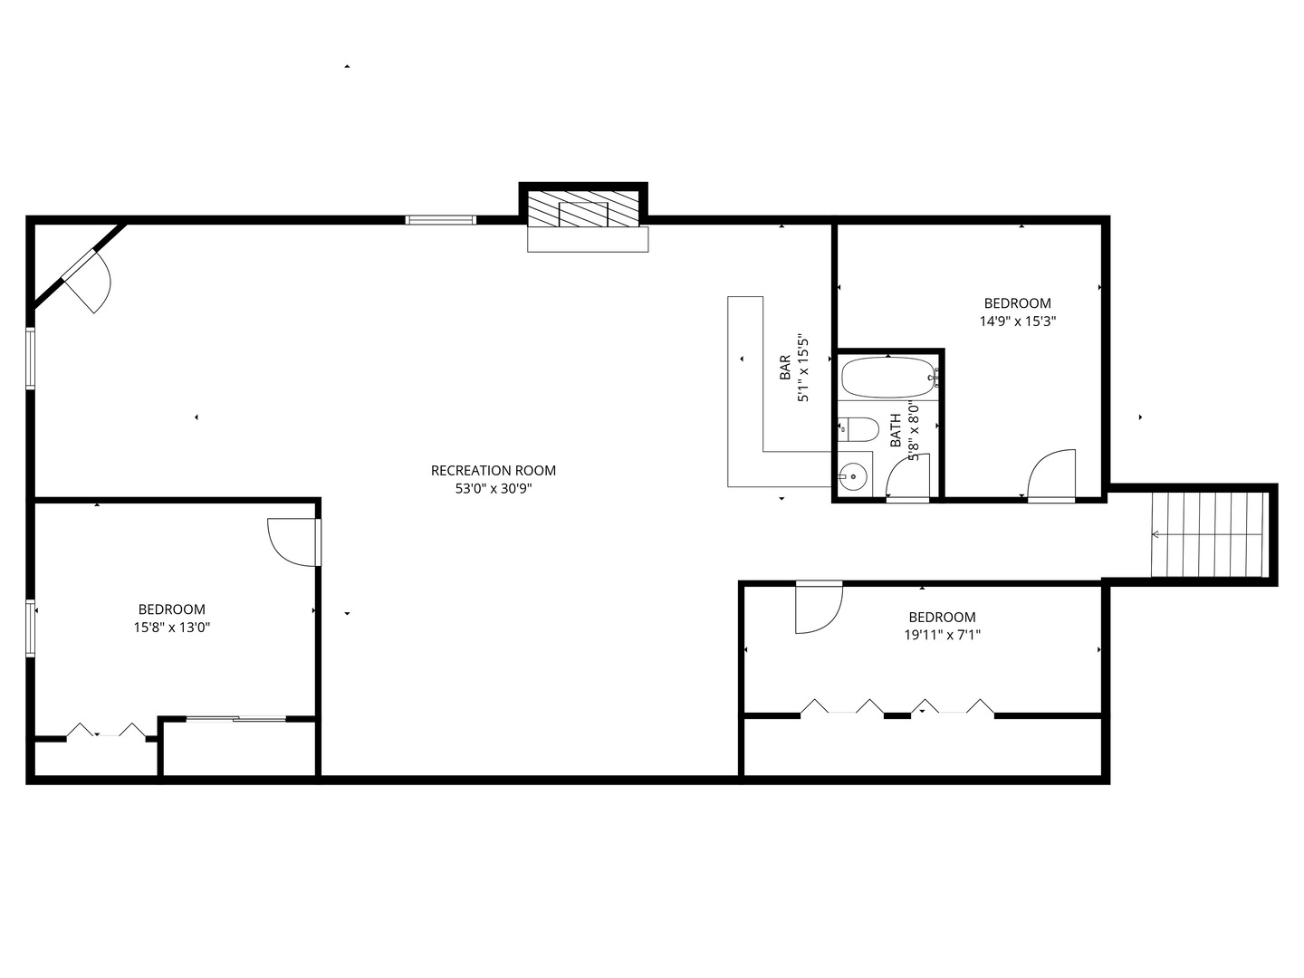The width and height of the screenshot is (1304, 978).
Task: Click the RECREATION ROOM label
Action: tap(494, 470)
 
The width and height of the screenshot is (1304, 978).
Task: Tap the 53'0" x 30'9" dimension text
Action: tap(494, 489)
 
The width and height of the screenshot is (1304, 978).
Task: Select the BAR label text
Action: tap(785, 367)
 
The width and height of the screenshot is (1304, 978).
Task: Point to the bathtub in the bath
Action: tap(887, 377)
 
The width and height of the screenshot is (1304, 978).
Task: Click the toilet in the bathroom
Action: tap(858, 429)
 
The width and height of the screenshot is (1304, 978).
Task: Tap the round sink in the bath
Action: tap(854, 476)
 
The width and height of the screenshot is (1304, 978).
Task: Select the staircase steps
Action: tap(1206, 534)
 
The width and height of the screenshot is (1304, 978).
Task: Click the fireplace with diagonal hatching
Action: tap(583, 209)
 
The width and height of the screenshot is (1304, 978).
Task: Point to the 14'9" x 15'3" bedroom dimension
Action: tap(1018, 321)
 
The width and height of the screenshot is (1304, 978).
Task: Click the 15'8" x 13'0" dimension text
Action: tap(172, 628)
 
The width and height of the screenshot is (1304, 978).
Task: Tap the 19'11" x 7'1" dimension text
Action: tap(942, 636)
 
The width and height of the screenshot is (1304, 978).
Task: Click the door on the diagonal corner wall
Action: tap(87, 281)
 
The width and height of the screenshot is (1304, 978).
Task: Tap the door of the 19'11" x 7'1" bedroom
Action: tap(820, 607)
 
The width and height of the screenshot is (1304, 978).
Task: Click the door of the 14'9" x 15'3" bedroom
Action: tap(1051, 476)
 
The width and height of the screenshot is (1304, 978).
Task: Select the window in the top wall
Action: tap(440, 220)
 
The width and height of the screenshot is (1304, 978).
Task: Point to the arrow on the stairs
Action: tap(1206, 534)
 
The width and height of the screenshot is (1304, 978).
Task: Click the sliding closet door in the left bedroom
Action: tap(236, 719)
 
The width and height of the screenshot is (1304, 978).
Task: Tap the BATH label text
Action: tap(896, 430)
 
